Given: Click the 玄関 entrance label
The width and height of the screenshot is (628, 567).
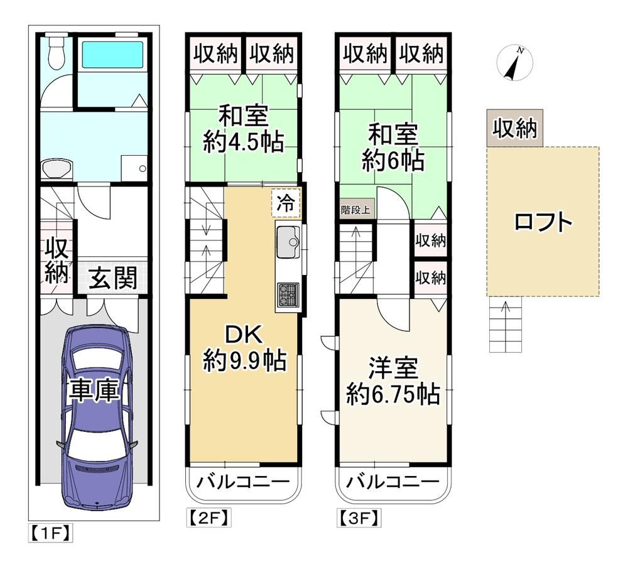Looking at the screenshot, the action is point(113,278).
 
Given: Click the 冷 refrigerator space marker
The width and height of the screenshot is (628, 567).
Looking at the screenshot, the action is point(286,203).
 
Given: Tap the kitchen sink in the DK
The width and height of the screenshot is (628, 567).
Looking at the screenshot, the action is point(288,242).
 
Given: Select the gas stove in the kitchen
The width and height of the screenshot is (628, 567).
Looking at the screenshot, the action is point(288,294).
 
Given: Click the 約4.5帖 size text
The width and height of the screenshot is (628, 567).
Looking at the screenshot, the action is point(244,141).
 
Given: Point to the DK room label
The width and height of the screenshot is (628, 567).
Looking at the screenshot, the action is point(244,334).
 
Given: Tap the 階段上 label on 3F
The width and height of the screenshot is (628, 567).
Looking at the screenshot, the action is point(355,210).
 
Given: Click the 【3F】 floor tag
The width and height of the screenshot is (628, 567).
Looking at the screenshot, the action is point(359,518).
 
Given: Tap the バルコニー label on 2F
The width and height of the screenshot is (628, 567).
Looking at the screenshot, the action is point(242,482).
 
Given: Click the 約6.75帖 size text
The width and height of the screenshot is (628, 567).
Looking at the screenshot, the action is point(393,394).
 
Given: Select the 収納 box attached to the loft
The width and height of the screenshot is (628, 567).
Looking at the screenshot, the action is point(515,128).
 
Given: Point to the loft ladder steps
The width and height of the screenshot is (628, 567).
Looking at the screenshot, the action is point(506,325).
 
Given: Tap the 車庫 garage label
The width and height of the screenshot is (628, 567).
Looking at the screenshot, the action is point(94,391).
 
